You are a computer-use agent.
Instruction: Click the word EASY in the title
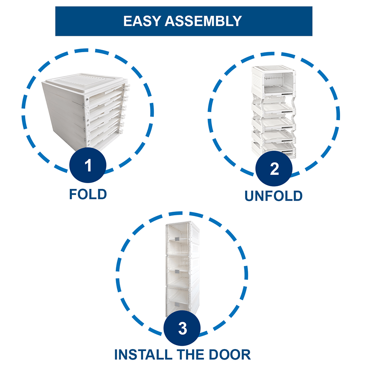pyautogui.click(x=142, y=21)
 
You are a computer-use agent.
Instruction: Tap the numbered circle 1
pyautogui.click(x=88, y=166)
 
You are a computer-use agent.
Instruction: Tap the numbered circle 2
pyautogui.click(x=274, y=169)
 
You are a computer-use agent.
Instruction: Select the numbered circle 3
pyautogui.click(x=182, y=329)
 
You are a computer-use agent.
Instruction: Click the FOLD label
pyautogui.click(x=88, y=194)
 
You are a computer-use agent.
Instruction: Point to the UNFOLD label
pyautogui.click(x=273, y=196)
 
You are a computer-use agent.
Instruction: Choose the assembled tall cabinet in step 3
pyautogui.click(x=182, y=269)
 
